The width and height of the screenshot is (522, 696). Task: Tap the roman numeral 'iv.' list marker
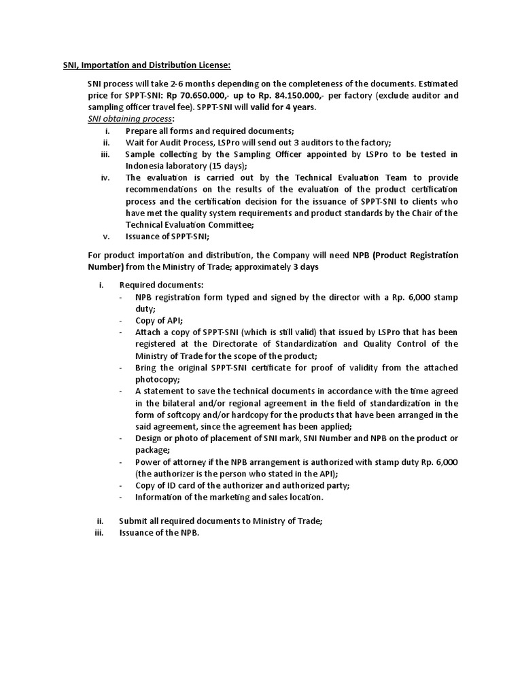point(105,178)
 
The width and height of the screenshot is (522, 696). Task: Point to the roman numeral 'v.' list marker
point(107,237)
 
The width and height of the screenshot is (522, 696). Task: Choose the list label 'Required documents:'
point(161,285)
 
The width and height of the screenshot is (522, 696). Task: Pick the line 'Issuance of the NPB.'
point(159,533)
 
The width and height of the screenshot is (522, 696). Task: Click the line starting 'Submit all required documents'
point(220,521)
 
